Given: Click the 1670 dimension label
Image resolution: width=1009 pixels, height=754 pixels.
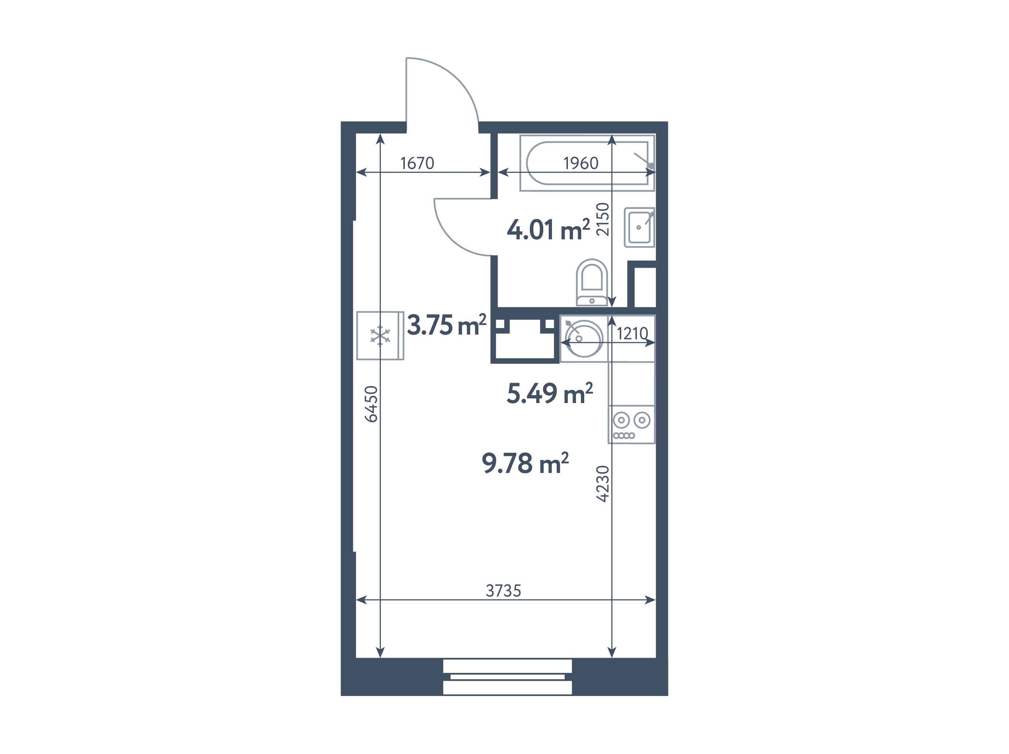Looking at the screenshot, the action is tap(417, 163).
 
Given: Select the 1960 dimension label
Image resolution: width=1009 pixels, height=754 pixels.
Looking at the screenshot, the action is tap(581, 163).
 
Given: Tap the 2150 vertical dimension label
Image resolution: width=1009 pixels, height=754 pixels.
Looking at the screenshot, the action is tap(603, 219).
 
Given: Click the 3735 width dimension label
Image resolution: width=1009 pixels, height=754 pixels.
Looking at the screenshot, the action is tap(503, 591).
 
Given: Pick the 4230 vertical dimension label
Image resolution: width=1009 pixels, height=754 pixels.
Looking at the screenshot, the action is tap(603, 484).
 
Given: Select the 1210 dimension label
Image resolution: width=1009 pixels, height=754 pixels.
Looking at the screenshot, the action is tap(632, 334).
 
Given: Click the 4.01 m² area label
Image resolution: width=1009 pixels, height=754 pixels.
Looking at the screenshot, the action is tap(548, 229).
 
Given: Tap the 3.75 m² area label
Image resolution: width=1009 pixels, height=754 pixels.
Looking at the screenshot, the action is tap(447, 325).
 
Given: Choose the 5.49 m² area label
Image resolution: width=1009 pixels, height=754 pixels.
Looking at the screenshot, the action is tap(550, 393).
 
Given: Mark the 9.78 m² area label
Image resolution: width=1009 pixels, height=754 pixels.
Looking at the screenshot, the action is tap(525, 463).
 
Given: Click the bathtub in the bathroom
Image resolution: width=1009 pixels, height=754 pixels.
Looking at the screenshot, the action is tap(587, 163).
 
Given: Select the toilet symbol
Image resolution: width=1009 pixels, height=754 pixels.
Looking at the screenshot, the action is tap(591, 282).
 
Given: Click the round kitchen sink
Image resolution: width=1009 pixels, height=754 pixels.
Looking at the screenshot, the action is tap(584, 339).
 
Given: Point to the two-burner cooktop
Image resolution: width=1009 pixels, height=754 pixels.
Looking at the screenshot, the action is tap(632, 424).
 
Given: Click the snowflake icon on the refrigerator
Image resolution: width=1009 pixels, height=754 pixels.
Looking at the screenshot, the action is tap(380, 336).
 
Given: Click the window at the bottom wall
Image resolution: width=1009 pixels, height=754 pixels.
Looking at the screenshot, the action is tap(507, 676).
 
